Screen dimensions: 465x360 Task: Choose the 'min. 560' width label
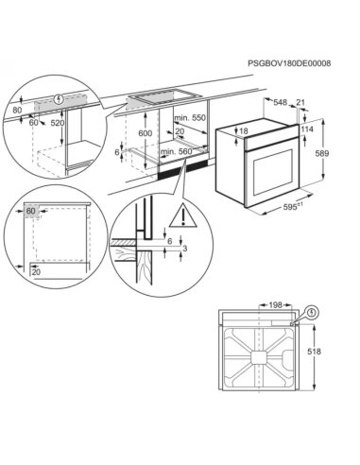(x=175, y=150)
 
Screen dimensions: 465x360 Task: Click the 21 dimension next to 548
(x=301, y=103)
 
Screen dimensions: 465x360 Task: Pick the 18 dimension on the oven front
(x=243, y=131)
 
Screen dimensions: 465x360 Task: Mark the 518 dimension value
(x=313, y=351)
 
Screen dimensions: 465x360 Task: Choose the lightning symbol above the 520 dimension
(x=59, y=97)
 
